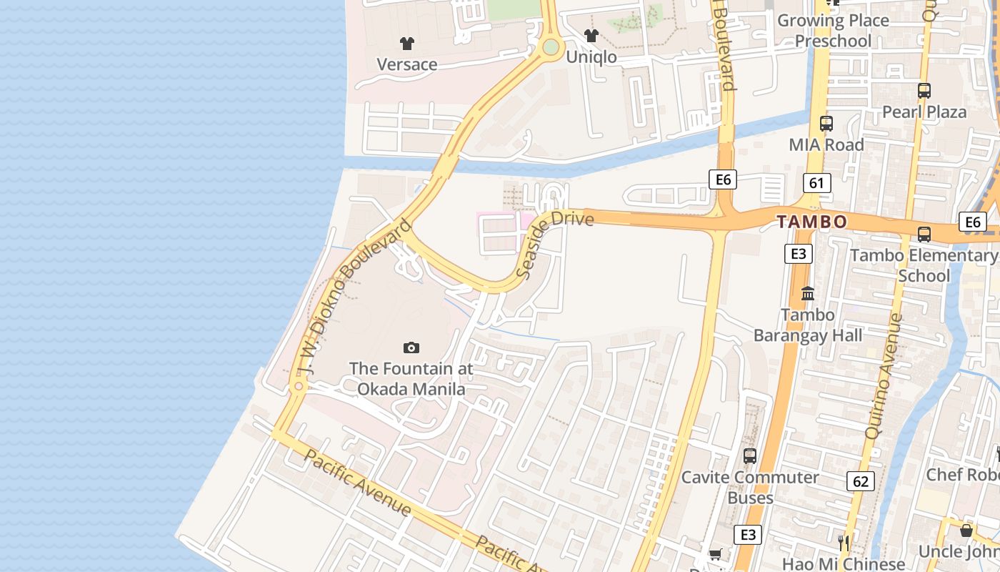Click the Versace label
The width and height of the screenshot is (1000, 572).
[x=406, y=64]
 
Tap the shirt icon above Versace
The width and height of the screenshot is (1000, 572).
[x=407, y=44]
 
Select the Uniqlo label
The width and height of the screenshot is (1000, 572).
[x=591, y=56]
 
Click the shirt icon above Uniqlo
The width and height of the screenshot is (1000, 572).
[x=591, y=35]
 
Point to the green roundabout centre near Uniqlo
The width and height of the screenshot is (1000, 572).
[x=550, y=47]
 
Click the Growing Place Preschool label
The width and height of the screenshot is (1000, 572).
[x=833, y=31]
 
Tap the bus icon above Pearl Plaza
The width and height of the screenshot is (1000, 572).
[x=924, y=91]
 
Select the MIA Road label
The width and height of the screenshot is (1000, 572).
[x=826, y=144]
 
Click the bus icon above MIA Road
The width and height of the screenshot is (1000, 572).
[x=826, y=123]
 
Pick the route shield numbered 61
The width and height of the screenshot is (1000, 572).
[x=816, y=183]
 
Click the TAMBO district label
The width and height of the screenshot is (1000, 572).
[x=812, y=222]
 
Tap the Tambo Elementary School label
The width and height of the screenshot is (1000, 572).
[x=924, y=265]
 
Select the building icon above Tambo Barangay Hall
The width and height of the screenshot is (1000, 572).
[x=808, y=293]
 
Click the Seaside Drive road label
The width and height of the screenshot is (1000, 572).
[x=554, y=243]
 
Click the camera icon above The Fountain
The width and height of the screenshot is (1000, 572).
[x=411, y=348]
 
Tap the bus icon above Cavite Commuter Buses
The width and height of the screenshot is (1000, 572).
[x=749, y=455]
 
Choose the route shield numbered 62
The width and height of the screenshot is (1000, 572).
[x=860, y=481]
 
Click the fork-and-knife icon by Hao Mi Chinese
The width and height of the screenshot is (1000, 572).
[x=844, y=543]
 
